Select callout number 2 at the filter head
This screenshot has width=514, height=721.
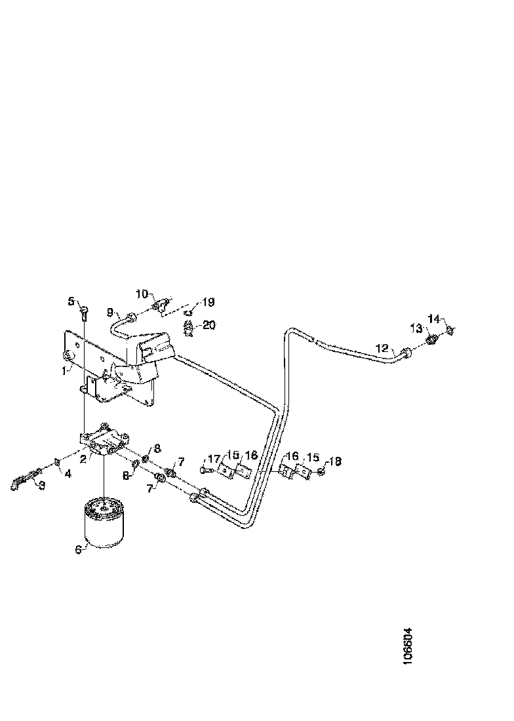[84, 458]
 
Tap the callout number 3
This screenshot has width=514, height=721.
[41, 485]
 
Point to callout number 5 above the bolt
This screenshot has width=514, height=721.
[71, 302]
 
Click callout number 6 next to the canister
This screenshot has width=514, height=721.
[78, 549]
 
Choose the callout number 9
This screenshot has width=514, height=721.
[110, 313]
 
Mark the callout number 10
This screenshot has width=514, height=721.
[142, 294]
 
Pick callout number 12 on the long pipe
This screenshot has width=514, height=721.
[382, 347]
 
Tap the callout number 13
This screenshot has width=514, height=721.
[416, 328]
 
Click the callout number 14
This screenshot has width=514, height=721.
[433, 319]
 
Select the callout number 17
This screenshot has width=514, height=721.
[214, 459]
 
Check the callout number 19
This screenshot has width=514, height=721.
[208, 302]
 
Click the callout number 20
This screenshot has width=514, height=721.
[209, 324]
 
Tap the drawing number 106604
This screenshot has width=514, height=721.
[408, 647]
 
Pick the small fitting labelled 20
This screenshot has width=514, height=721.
[189, 328]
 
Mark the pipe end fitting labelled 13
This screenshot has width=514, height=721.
[432, 340]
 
